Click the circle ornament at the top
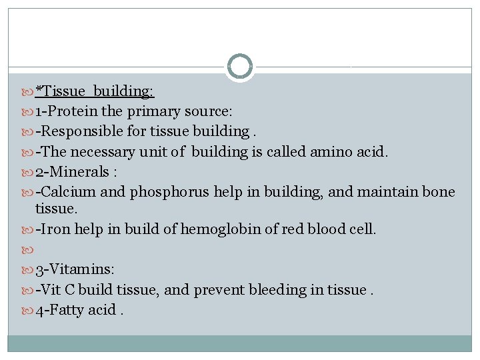[x=240, y=67]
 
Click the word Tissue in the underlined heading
[x=66, y=91]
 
